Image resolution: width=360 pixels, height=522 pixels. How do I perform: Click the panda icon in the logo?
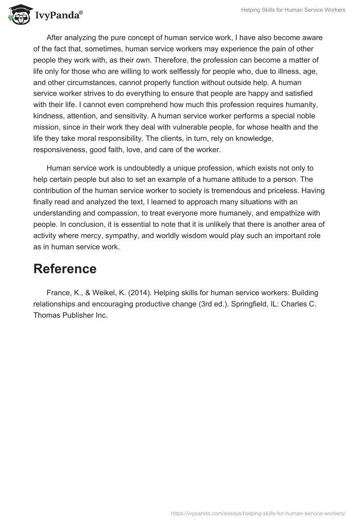click(x=18, y=15)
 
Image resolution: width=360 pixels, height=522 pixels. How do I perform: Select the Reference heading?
click(x=65, y=269)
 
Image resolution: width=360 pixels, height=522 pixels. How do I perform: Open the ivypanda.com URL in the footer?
click(x=258, y=512)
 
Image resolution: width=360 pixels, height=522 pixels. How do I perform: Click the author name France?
click(x=58, y=292)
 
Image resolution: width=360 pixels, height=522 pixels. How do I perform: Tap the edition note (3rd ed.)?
click(x=196, y=304)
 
